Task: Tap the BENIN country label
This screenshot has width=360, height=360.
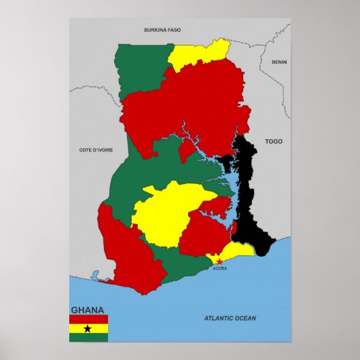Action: [279, 62]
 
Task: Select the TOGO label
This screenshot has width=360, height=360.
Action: [273, 141]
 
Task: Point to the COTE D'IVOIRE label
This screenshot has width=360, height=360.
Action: [96, 149]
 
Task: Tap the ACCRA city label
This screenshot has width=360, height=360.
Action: [220, 268]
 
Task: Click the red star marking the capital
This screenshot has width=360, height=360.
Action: [219, 261]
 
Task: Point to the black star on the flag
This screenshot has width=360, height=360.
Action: [88, 329]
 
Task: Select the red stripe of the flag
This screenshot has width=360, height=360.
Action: [88, 319]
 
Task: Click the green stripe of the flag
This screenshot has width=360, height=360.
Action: [88, 338]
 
